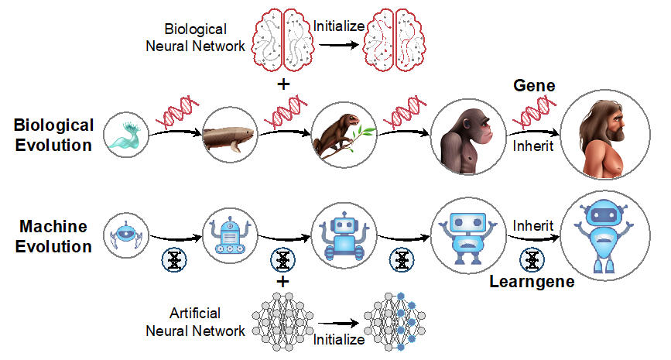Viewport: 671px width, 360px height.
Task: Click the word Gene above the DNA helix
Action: [533, 85]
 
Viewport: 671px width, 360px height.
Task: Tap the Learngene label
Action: [532, 281]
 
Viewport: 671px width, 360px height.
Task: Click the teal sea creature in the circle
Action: [124, 136]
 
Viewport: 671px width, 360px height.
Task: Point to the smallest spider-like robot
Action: [124, 231]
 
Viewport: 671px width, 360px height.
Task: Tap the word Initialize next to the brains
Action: [339, 25]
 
